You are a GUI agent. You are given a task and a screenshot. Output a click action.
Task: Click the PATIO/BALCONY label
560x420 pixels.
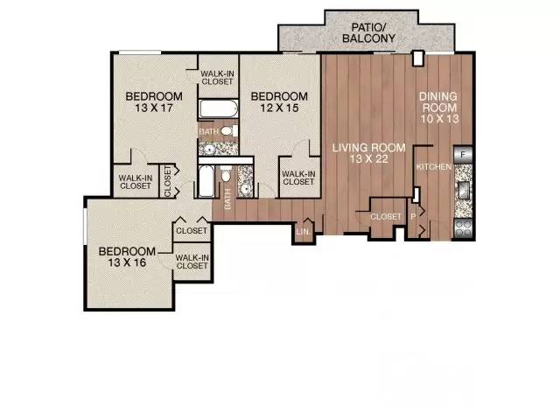(368, 33)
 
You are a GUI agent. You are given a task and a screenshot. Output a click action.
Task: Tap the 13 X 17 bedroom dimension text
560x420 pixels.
(154, 108)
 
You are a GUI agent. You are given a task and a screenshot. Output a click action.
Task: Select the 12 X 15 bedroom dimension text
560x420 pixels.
(279, 108)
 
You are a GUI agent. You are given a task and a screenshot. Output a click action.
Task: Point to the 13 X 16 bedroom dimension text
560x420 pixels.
(127, 262)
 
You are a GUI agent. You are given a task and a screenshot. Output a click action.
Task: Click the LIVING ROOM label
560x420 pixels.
(369, 148)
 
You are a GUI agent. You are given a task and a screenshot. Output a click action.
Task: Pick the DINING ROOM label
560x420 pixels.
(439, 102)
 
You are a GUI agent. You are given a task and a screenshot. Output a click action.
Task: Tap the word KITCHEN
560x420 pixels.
(434, 167)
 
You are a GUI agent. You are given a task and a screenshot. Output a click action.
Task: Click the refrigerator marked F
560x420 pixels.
(463, 155)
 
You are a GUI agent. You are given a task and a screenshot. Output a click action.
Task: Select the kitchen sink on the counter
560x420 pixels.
(464, 190)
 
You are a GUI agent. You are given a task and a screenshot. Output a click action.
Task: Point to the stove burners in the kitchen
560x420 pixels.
(464, 228)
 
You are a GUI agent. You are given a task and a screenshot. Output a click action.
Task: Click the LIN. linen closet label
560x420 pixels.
(304, 231)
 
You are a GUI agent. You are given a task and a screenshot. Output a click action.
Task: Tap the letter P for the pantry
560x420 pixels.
(413, 216)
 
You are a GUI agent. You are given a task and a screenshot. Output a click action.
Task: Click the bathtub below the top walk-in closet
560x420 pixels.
(218, 108)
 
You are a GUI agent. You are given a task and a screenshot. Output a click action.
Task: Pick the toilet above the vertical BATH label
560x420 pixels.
(226, 174)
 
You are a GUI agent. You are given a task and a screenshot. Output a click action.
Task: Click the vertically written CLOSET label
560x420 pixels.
(167, 181)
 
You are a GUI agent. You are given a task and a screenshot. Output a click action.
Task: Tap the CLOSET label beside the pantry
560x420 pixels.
(386, 217)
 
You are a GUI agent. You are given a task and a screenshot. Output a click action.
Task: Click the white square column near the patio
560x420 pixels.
(417, 59)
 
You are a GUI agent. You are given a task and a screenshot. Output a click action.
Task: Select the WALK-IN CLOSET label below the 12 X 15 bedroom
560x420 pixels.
(298, 178)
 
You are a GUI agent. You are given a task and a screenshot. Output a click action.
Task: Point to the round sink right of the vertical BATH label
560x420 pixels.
(245, 188)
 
